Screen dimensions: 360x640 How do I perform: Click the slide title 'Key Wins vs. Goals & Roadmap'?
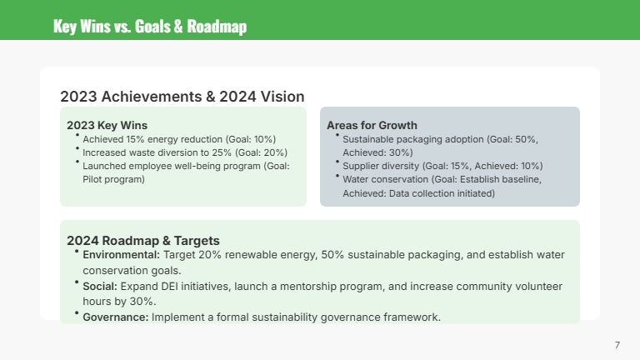pos(149,26)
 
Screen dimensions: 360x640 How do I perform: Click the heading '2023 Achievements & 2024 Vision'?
pos(182,97)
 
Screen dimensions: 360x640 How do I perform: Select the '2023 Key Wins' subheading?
pos(107,125)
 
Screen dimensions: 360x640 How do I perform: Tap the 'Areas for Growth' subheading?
pos(372,125)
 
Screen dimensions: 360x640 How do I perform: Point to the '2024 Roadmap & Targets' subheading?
pos(143,241)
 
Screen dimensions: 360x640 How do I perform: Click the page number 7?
pos(617,344)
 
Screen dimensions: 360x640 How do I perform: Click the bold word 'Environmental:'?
pos(122,255)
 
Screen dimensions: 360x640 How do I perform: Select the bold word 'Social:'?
pos(100,286)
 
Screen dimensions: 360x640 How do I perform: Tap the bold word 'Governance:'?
pos(116,317)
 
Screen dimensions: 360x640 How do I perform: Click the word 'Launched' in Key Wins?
pos(103,166)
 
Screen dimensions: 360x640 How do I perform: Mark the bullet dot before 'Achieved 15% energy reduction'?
pos(77,135)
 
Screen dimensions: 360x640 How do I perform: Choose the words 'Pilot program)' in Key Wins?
pos(113,179)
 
